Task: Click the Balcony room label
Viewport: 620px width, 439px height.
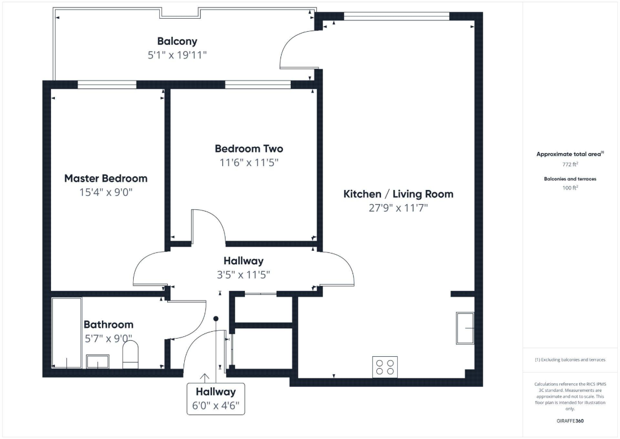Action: pyautogui.click(x=177, y=41)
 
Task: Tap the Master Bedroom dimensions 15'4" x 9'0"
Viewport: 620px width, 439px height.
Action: pyautogui.click(x=106, y=192)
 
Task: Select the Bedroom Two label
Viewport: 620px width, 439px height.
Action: pyautogui.click(x=249, y=149)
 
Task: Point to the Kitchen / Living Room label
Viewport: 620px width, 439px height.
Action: pyautogui.click(x=398, y=194)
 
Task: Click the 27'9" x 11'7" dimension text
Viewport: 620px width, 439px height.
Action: pyautogui.click(x=398, y=208)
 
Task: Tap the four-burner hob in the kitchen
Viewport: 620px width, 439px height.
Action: pyautogui.click(x=385, y=366)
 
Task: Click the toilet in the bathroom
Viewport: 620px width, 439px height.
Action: pyautogui.click(x=130, y=355)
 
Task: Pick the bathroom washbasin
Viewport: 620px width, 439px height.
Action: pyautogui.click(x=97, y=362)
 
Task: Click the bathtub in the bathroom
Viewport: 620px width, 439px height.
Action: pyautogui.click(x=67, y=333)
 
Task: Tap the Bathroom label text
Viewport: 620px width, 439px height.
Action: pyautogui.click(x=109, y=324)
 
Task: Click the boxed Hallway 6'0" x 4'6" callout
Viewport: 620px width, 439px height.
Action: pyautogui.click(x=215, y=399)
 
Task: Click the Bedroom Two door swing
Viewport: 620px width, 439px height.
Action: pyautogui.click(x=209, y=227)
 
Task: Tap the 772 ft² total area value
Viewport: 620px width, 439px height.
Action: pyautogui.click(x=570, y=164)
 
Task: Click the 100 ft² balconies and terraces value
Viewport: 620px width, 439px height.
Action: pyautogui.click(x=570, y=188)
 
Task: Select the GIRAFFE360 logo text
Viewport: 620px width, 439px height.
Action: pyautogui.click(x=570, y=421)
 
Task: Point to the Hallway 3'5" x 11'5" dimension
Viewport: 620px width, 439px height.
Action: pyautogui.click(x=243, y=275)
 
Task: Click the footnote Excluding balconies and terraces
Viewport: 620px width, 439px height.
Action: pyautogui.click(x=570, y=360)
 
